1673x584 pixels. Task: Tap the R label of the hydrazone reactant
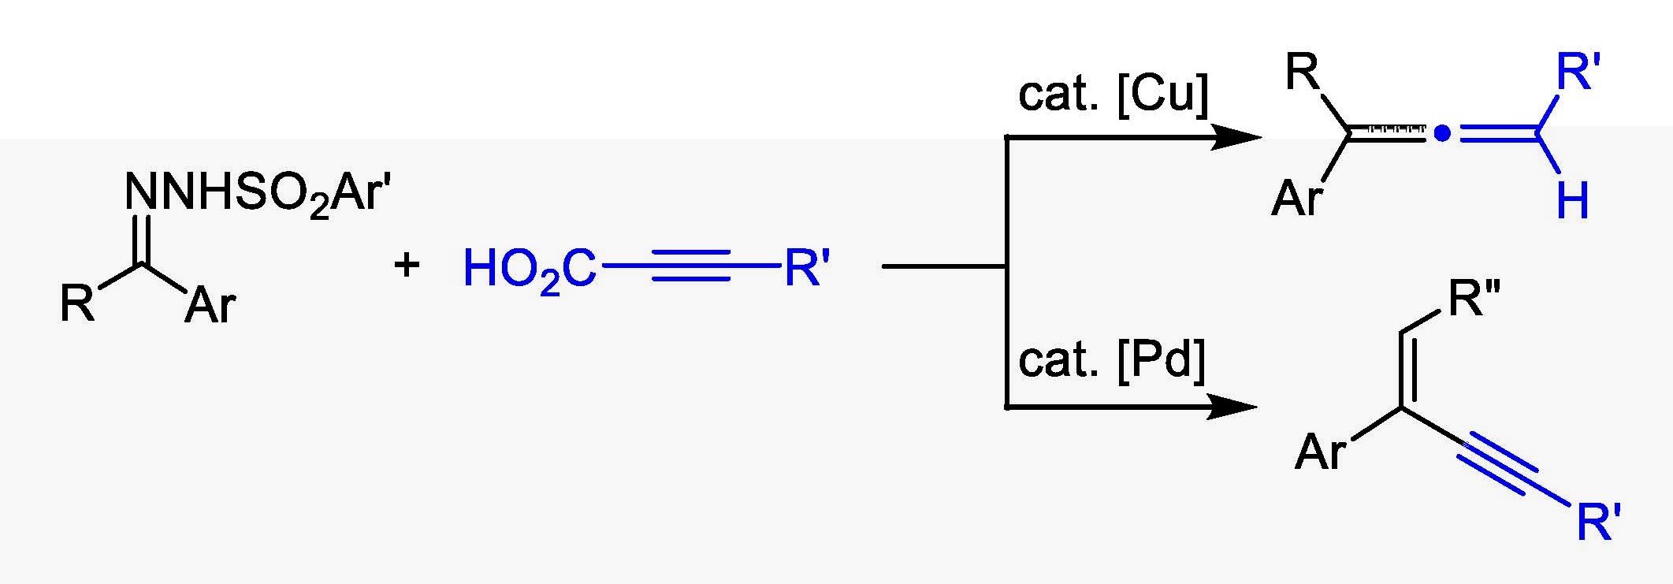(x=76, y=303)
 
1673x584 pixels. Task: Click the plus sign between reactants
(x=407, y=266)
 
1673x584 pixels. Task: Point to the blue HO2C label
(x=530, y=269)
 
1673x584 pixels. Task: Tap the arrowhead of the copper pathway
(x=1236, y=137)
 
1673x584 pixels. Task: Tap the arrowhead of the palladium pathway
(x=1232, y=407)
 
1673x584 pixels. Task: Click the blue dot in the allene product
(x=1441, y=135)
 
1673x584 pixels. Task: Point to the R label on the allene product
(x=1302, y=73)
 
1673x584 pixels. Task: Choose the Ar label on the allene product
(x=1297, y=197)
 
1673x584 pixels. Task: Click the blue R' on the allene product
(x=1578, y=73)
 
